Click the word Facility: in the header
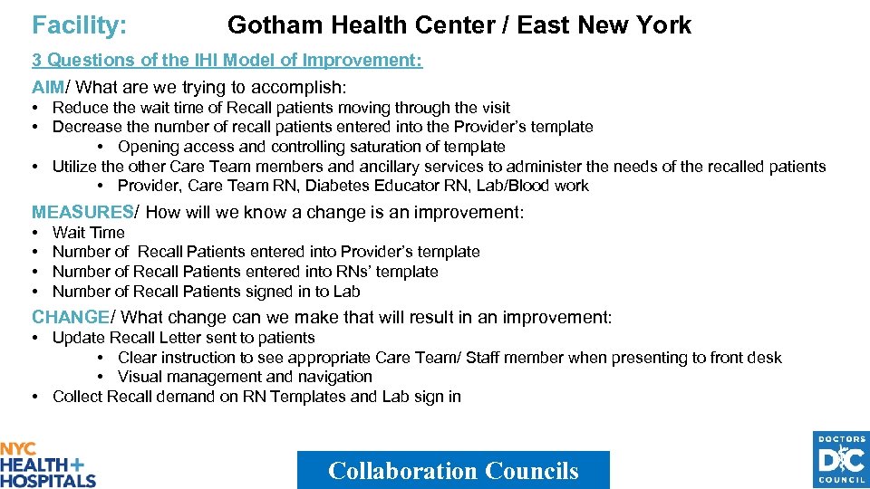click(x=79, y=25)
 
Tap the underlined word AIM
click(x=49, y=88)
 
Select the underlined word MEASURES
click(x=82, y=212)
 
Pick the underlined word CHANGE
click(x=70, y=317)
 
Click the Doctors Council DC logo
click(x=840, y=460)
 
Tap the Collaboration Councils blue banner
click(x=453, y=470)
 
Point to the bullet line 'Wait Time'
click(x=89, y=232)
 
